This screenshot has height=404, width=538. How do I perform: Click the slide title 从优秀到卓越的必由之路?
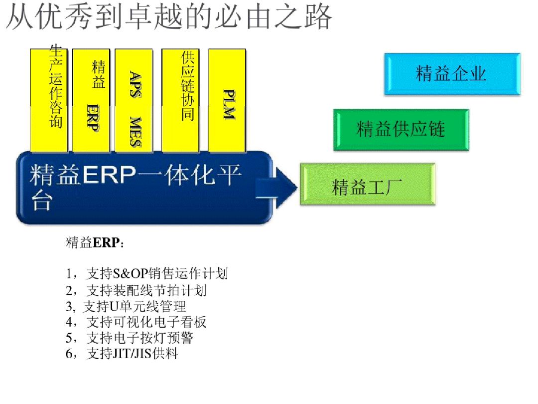168,18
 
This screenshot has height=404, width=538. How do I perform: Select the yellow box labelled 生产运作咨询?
49,100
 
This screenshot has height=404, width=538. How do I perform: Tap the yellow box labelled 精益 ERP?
91,100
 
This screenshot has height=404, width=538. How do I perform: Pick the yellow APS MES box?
134,100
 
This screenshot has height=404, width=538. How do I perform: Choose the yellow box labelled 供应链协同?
180,100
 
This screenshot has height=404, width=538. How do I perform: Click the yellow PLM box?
227,100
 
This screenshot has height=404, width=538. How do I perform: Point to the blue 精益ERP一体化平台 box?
139,188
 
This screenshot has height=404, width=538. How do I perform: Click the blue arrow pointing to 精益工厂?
279,188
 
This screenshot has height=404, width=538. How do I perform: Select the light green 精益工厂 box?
368,184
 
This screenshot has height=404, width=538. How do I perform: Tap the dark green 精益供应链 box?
401,130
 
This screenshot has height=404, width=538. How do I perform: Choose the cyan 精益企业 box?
452,74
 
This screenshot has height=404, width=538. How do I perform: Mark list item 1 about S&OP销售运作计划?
147,273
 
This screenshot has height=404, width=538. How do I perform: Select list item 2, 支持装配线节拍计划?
136,290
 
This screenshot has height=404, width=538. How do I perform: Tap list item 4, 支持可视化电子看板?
136,322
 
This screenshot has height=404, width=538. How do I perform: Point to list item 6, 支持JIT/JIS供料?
122,354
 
